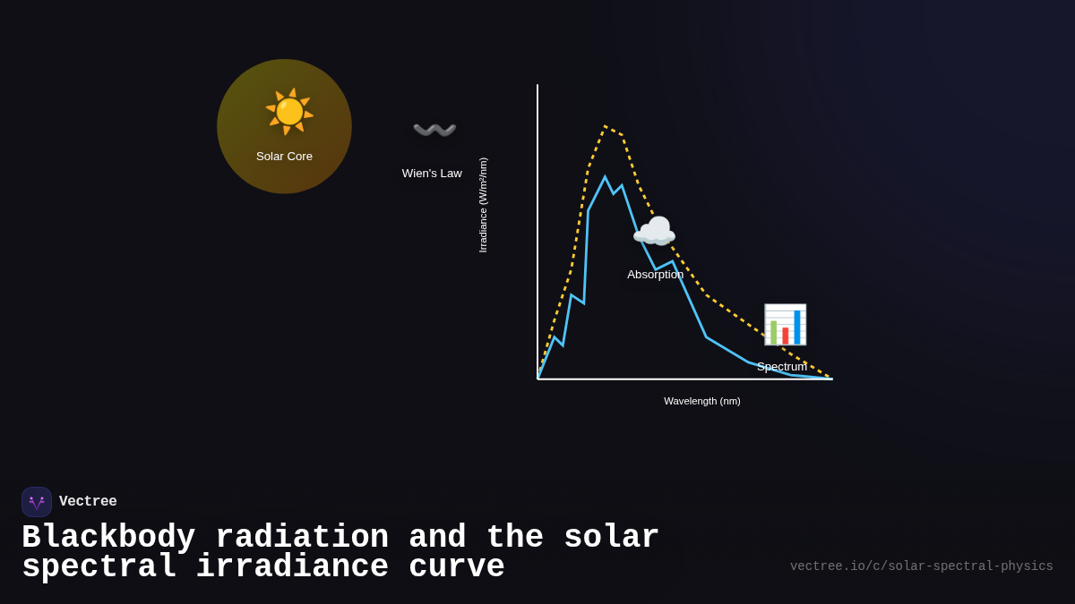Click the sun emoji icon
click(x=289, y=112)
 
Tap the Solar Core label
click(x=284, y=157)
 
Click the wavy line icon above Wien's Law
click(x=434, y=131)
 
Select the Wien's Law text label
click(x=432, y=174)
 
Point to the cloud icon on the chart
click(x=654, y=232)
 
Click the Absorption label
click(x=655, y=275)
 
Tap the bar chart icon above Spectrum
click(x=785, y=325)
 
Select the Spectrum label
click(x=781, y=367)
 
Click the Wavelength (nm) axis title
click(x=701, y=401)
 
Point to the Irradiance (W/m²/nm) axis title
click(x=483, y=205)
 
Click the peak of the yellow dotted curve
click(x=606, y=126)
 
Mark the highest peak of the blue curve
click(x=605, y=177)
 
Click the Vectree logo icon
click(x=37, y=502)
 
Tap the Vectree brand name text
click(x=88, y=502)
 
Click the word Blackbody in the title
click(x=108, y=538)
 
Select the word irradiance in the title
click(x=292, y=567)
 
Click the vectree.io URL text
click(x=921, y=566)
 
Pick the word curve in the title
click(x=457, y=567)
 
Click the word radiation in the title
click(x=302, y=538)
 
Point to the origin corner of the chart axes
click(x=537, y=379)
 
